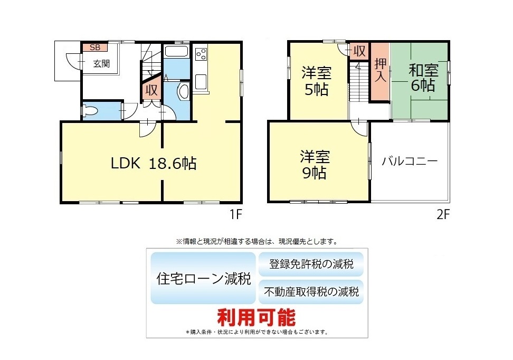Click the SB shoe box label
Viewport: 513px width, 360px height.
95,48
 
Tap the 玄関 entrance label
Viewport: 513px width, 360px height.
101,63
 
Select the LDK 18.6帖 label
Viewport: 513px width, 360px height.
154,163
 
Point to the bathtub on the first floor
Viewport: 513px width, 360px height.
176,52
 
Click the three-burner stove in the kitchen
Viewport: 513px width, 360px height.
201,54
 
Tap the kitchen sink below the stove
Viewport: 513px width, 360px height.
201,82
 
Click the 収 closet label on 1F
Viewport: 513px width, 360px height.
151,90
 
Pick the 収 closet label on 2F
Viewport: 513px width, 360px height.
359,51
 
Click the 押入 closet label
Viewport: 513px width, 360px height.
381,70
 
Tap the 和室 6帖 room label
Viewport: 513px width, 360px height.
423,78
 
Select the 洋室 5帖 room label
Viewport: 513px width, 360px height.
316,81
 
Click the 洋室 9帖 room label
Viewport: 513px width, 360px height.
315,165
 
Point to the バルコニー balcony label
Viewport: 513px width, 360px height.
410,161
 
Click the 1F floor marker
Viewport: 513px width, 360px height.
235,214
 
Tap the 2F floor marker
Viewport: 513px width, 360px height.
443,214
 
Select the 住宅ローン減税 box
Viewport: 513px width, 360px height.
203,278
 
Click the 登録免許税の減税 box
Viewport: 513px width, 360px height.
311,264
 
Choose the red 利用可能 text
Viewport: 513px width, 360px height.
256,317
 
